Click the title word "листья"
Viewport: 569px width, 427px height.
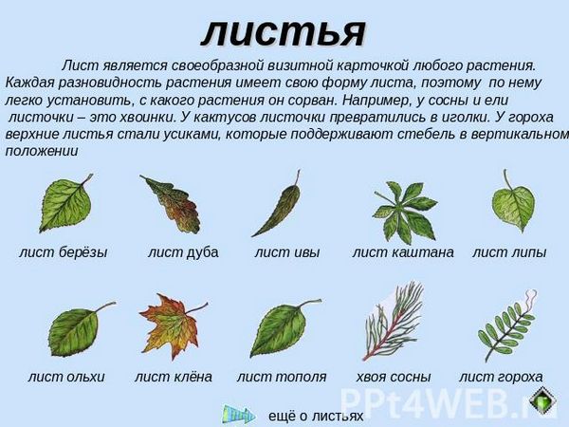[x=283, y=32]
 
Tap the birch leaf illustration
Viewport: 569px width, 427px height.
[x=65, y=203]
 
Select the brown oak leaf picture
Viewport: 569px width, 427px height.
[x=172, y=205]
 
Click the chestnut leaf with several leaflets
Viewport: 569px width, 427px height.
[x=405, y=213]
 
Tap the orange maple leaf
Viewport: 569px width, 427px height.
[x=171, y=326]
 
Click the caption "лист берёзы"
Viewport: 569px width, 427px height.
[x=64, y=252]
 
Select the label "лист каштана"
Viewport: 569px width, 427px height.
[x=403, y=252]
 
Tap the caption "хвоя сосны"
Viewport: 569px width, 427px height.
[x=394, y=378]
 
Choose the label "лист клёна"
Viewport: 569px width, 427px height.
[x=174, y=377]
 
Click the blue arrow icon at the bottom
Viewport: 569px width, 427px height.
[x=238, y=415]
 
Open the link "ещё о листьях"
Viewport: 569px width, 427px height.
[x=316, y=416]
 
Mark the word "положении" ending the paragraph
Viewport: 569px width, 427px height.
[x=42, y=152]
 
